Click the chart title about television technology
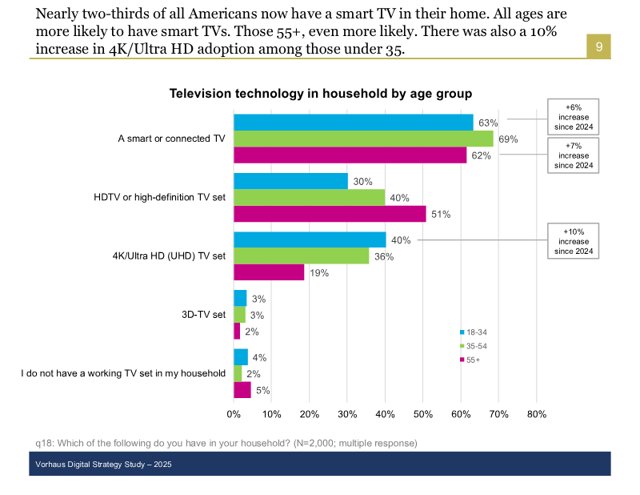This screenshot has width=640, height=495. pos(320,94)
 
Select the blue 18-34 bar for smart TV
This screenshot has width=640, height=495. pos(353,122)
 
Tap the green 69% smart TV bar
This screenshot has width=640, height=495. pos(363,139)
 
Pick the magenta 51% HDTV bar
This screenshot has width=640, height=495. pos(330,214)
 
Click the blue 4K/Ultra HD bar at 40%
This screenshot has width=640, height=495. pos(309,239)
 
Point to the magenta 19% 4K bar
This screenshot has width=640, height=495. pos(269,272)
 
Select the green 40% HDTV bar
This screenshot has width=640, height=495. pos(309,197)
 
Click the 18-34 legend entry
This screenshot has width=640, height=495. pos(475,332)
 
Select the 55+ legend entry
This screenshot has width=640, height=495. pos(473,360)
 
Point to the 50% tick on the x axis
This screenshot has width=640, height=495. pos(422,414)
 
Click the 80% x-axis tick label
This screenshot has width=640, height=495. pos(536,414)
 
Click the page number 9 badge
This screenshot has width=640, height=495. pos(598,46)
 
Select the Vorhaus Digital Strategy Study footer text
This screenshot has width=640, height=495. pos(103,465)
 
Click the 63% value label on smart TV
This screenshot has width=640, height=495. pos(488,123)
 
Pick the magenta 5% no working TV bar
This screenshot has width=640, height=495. pos(242,390)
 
